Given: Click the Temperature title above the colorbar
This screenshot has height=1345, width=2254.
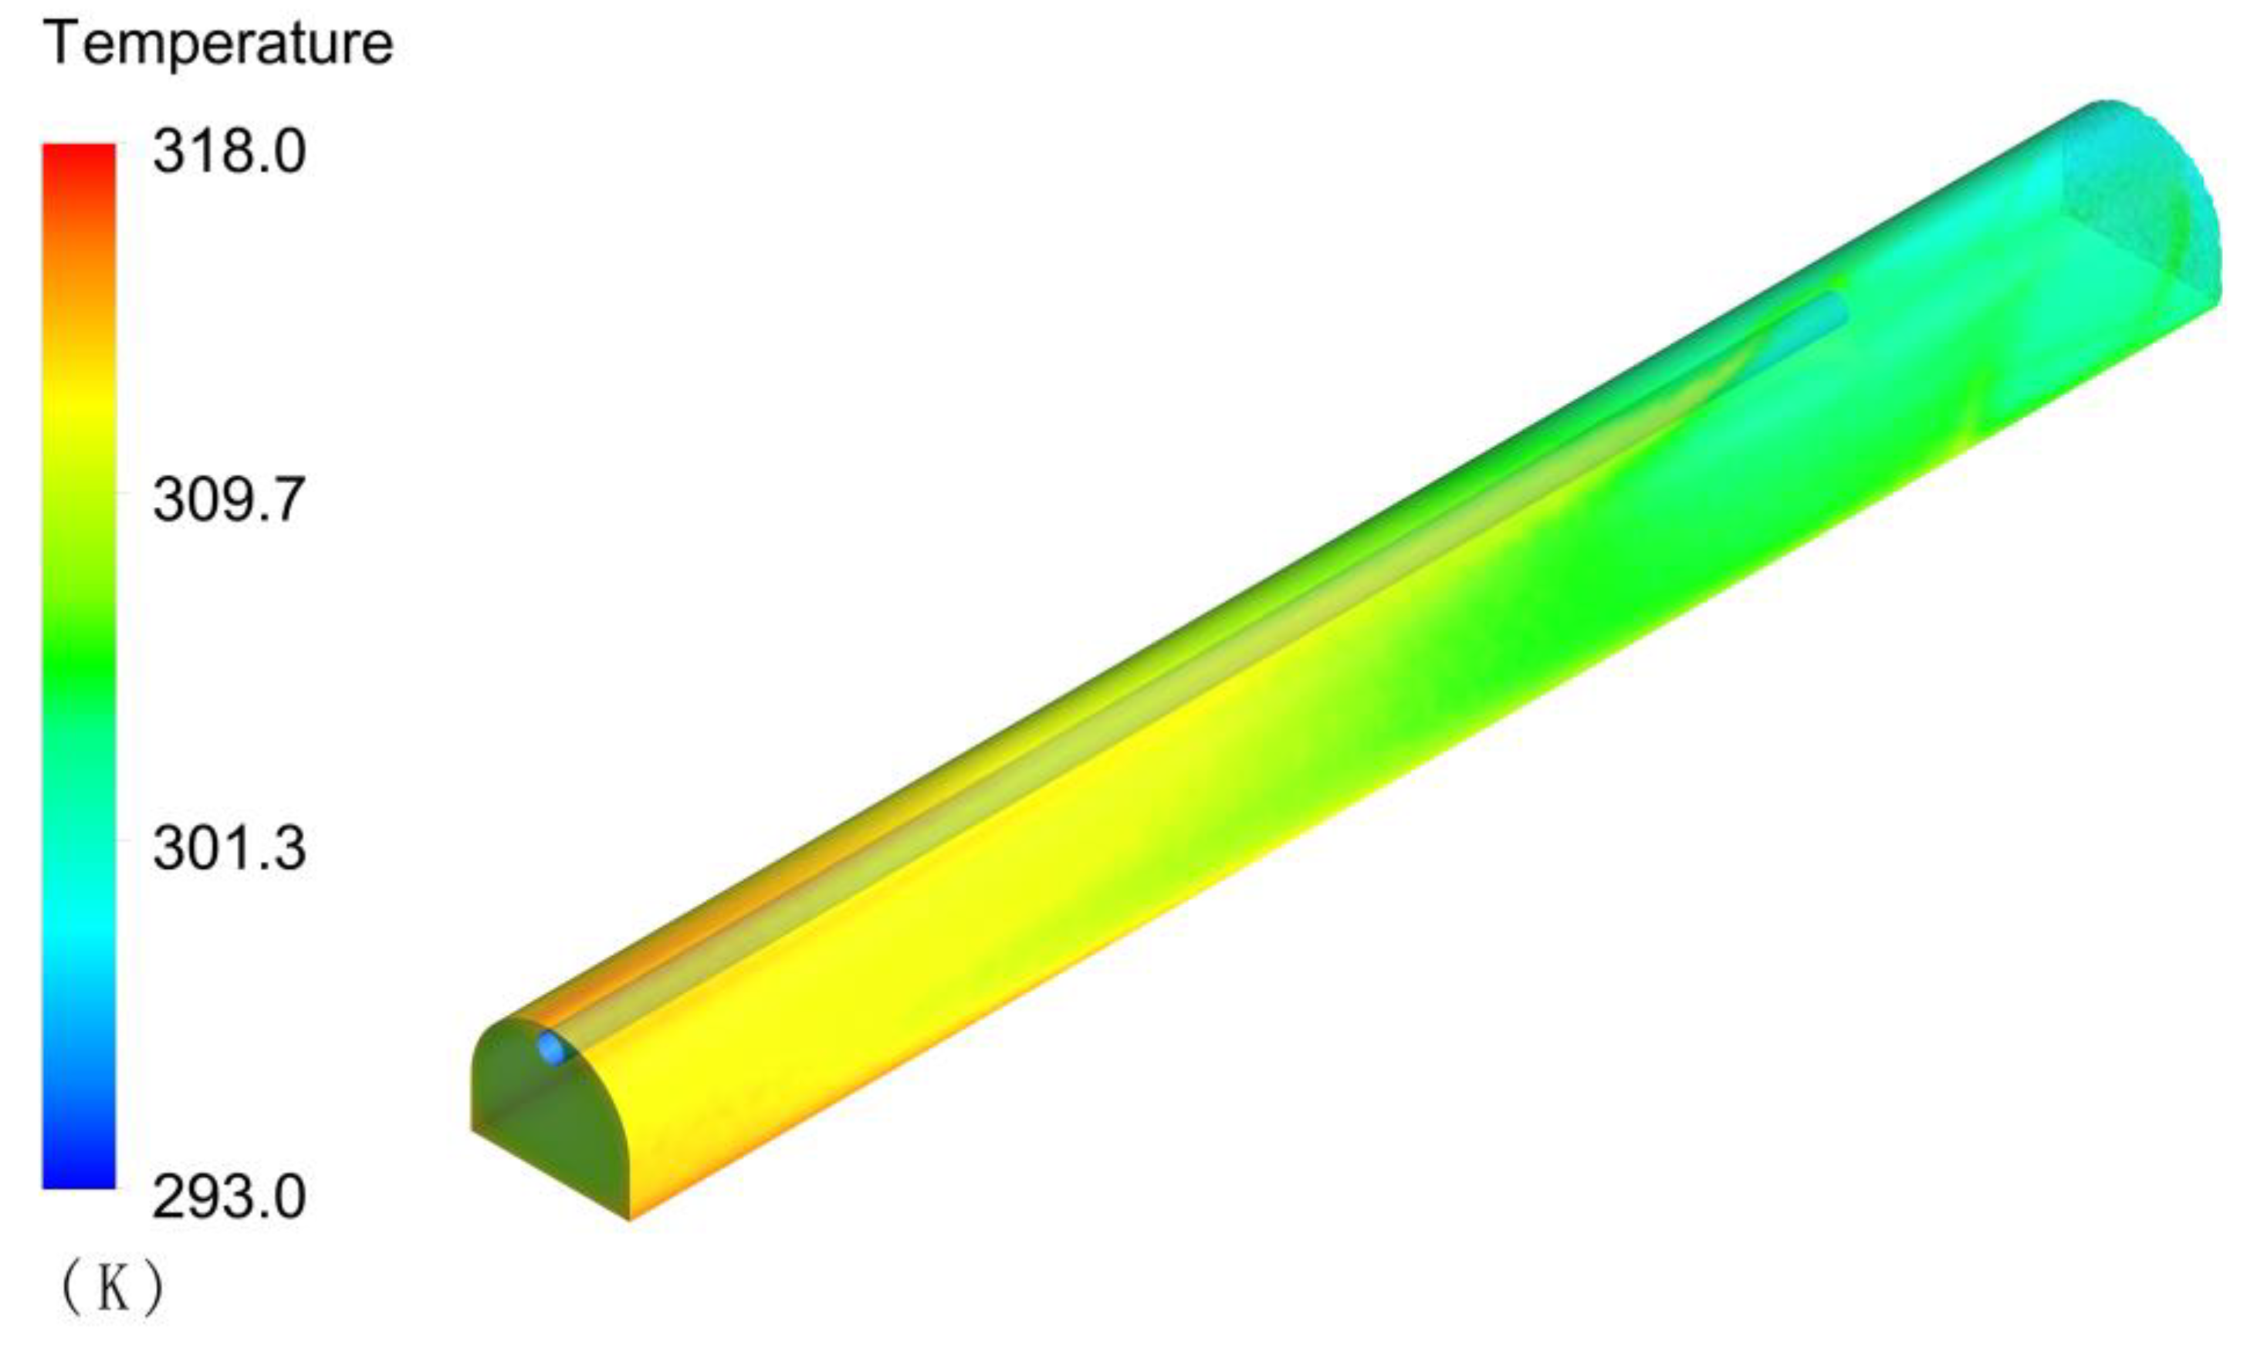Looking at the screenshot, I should pyautogui.click(x=218, y=43).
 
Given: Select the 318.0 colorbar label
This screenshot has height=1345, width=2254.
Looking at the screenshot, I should pyautogui.click(x=228, y=151).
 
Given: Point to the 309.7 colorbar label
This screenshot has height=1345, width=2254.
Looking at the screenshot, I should pyautogui.click(x=228, y=500).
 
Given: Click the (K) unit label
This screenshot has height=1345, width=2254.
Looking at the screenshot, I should pyautogui.click(x=113, y=1289).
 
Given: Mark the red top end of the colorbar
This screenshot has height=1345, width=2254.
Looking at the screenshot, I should pyautogui.click(x=79, y=154).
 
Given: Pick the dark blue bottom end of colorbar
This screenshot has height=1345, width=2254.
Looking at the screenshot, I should pyautogui.click(x=79, y=1178).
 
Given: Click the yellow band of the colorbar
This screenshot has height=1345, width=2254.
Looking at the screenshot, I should pyautogui.click(x=79, y=408).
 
